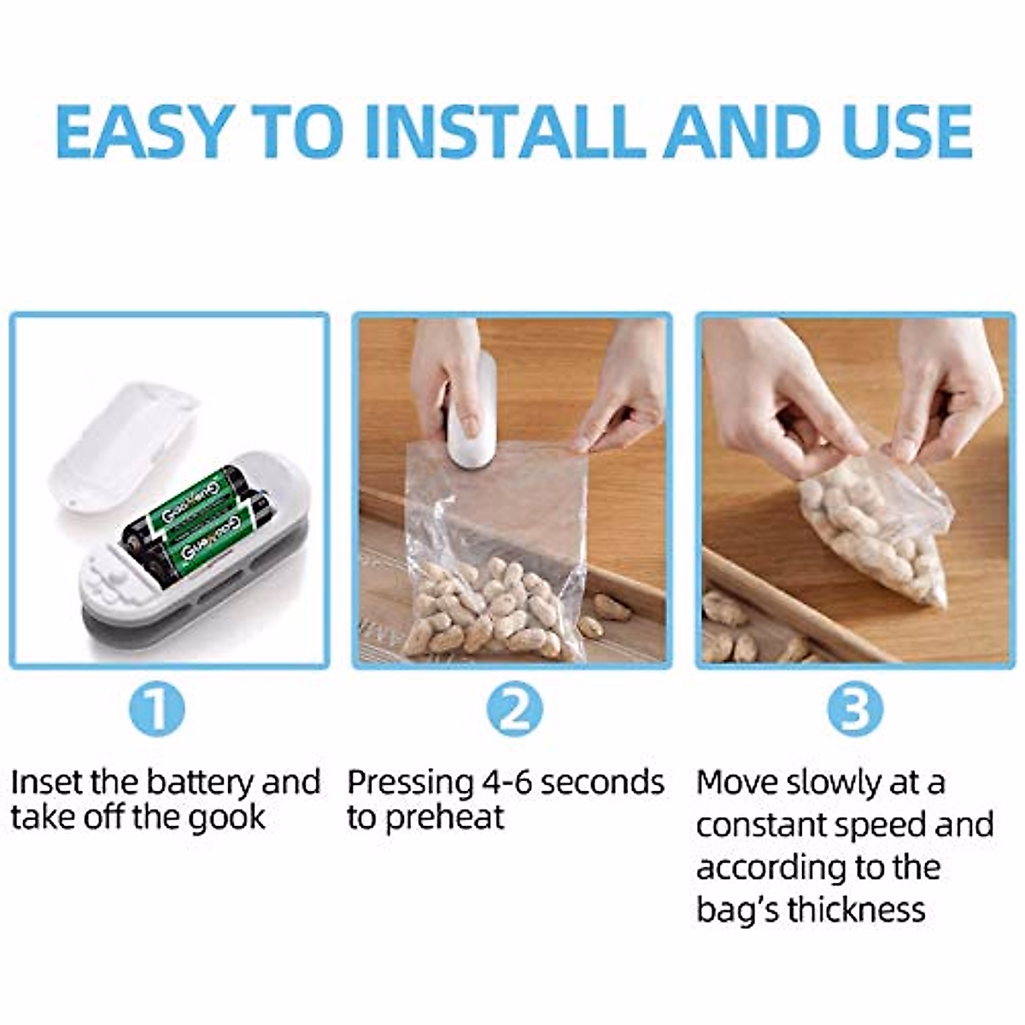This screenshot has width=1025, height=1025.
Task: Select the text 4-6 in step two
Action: [x=507, y=782]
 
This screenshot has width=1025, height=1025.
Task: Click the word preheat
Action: [x=444, y=818]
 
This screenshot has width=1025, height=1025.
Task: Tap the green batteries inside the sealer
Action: [x=192, y=521]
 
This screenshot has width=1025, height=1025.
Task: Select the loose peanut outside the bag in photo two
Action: [x=611, y=607]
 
